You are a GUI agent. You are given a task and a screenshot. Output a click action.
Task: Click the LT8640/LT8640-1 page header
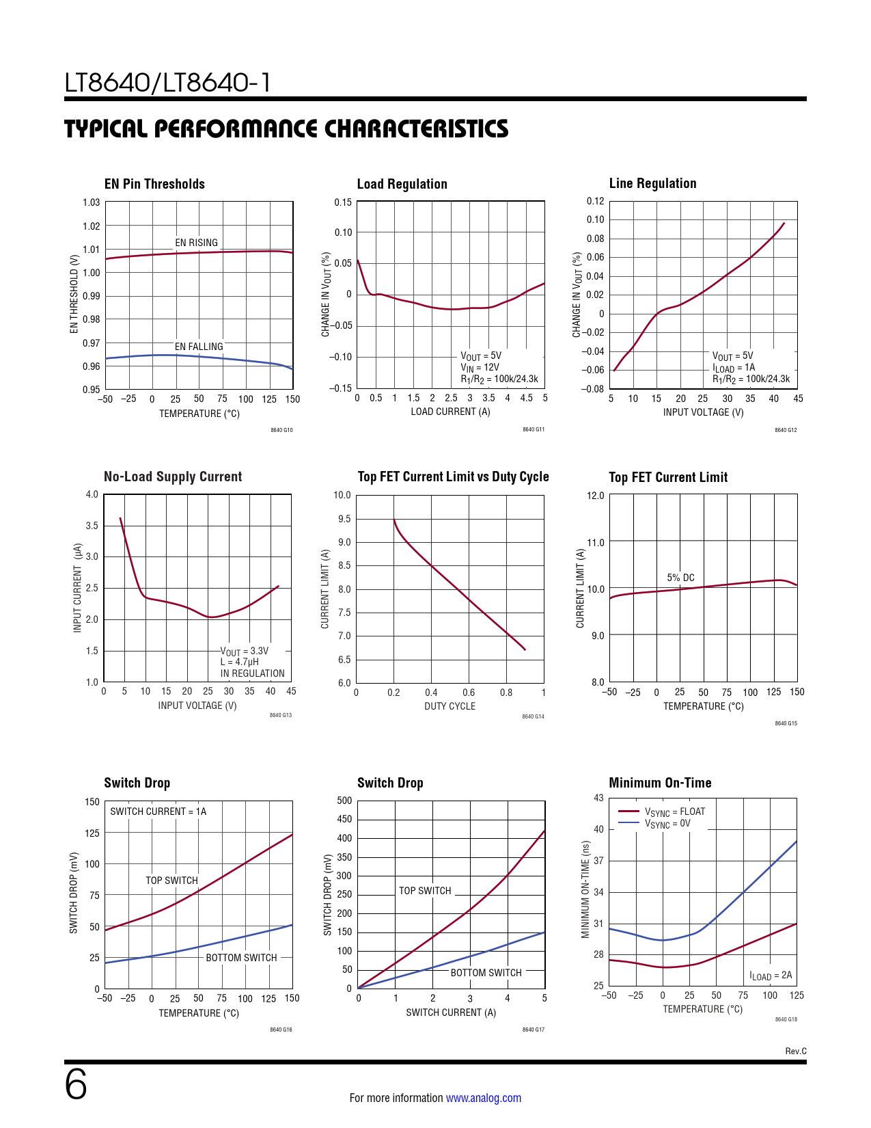(x=167, y=83)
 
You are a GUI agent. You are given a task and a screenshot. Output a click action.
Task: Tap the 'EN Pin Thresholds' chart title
(x=154, y=184)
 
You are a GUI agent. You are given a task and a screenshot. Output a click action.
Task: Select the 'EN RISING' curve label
(x=196, y=243)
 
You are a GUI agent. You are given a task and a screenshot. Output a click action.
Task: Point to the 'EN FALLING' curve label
(x=199, y=347)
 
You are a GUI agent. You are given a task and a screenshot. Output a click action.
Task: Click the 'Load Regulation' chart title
(x=402, y=184)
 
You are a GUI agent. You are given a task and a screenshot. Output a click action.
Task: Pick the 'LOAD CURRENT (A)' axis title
(x=450, y=412)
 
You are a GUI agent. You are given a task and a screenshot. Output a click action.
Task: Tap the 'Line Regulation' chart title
(x=652, y=183)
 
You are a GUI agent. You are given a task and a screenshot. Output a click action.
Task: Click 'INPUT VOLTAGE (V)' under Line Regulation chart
(x=703, y=412)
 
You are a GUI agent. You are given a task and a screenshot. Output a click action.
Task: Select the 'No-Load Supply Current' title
(x=173, y=476)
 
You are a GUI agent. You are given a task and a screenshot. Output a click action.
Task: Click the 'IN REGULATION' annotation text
(x=252, y=673)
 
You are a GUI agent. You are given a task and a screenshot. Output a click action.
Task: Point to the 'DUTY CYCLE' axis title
(x=450, y=706)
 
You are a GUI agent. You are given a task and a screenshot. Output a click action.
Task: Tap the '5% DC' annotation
(x=680, y=578)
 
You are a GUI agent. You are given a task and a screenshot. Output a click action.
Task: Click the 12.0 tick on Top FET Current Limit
(x=596, y=496)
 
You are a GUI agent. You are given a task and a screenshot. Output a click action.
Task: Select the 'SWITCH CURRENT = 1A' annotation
(x=158, y=811)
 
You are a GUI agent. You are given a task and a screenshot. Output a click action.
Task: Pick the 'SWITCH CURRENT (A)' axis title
(x=451, y=1012)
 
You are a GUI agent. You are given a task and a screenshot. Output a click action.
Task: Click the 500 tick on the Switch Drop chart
(x=344, y=801)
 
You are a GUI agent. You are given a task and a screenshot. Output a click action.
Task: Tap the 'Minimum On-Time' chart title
(x=660, y=783)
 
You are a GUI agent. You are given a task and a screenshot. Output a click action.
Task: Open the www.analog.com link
(x=483, y=1098)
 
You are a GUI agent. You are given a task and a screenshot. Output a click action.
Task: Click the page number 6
(x=76, y=1085)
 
